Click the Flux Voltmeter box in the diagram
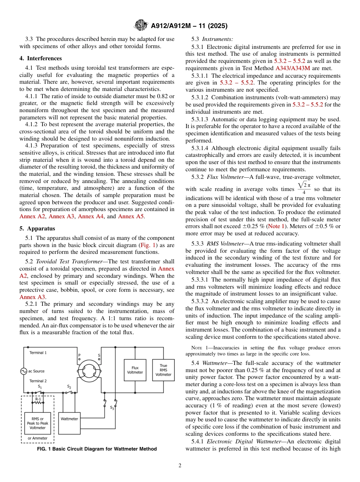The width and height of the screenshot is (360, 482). [135, 370]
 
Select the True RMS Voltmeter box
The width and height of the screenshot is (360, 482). [163, 370]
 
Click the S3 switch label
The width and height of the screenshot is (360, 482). [112, 408]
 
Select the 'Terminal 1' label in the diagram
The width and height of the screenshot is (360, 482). [38, 353]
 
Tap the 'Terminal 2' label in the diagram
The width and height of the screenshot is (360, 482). [38, 381]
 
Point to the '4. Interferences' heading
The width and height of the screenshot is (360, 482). [41, 58]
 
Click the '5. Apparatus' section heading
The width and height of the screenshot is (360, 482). [37, 228]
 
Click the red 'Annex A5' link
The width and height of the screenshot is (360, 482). [131, 216]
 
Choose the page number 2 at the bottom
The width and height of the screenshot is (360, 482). [180, 466]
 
